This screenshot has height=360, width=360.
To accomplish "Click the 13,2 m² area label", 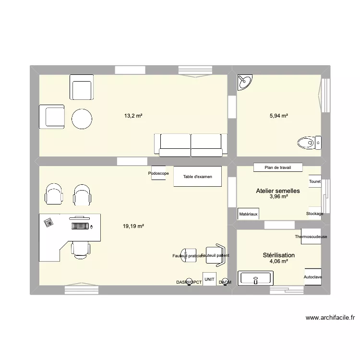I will click(133, 116).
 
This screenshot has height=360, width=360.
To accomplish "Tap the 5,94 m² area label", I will click(278, 116).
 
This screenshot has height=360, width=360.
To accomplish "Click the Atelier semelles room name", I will click(278, 191).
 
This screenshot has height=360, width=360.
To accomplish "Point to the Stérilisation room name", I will click(278, 255).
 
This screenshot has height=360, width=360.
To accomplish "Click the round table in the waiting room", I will click(82, 119).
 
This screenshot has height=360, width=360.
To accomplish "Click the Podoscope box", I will click(158, 173).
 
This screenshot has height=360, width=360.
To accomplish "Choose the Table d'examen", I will click(197, 177).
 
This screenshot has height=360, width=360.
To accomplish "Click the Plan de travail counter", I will click(278, 168).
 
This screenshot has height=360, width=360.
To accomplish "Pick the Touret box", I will click(315, 181).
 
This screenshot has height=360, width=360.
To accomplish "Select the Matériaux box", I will click(248, 214).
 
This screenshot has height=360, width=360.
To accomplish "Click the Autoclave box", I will click(312, 277).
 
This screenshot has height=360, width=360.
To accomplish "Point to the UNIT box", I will click(209, 279).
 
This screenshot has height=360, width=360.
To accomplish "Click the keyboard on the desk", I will click(81, 225).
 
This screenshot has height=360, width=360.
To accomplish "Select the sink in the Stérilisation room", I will click(256, 277).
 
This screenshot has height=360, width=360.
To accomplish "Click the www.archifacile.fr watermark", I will click(330, 317).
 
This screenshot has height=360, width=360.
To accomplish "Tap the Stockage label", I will click(314, 214).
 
